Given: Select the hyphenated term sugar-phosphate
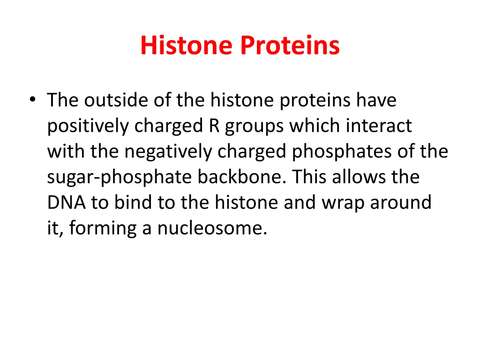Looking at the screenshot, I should click(120, 177).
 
